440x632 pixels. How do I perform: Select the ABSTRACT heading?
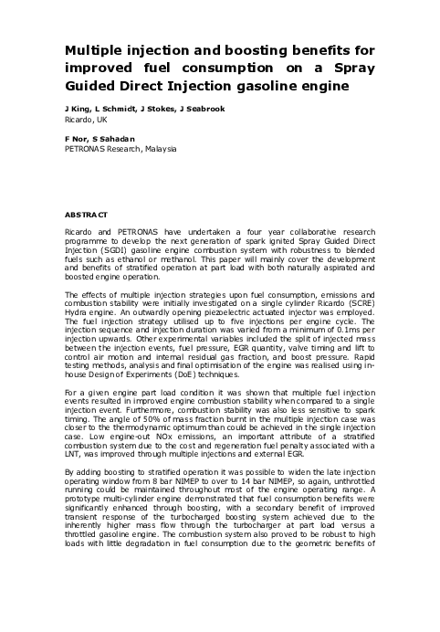click(x=86, y=214)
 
